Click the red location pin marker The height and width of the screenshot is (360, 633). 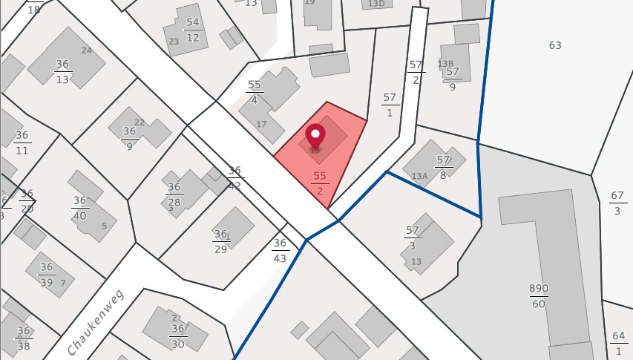pos(315,137)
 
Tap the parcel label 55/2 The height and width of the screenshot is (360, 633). pos(320,183)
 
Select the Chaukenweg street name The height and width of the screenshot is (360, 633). pos(95,321)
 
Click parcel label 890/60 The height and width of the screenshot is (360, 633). pos(538,295)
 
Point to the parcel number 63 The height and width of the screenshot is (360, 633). pos(555,45)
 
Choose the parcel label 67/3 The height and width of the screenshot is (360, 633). pos(617,203)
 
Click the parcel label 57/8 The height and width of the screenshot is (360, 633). pos(443,166)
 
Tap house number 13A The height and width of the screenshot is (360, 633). pos(419,176)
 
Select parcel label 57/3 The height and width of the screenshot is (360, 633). pos(413,238)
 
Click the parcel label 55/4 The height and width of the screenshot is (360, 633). pos(255,92)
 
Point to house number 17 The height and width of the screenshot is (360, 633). pos(260,123)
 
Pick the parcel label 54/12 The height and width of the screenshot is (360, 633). pos(193,30)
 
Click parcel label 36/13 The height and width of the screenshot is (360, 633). pos(62,72)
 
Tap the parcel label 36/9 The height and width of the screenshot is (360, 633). pos(130,139)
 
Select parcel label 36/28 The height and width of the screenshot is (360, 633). pos(174,194)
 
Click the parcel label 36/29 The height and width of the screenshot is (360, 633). pos(220,241)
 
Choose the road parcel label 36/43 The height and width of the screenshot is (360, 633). pos(280,250)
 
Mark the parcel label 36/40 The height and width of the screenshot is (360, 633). pos(79,208)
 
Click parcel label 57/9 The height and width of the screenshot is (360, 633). pos(452,79)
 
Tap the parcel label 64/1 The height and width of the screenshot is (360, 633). pos(619,342)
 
